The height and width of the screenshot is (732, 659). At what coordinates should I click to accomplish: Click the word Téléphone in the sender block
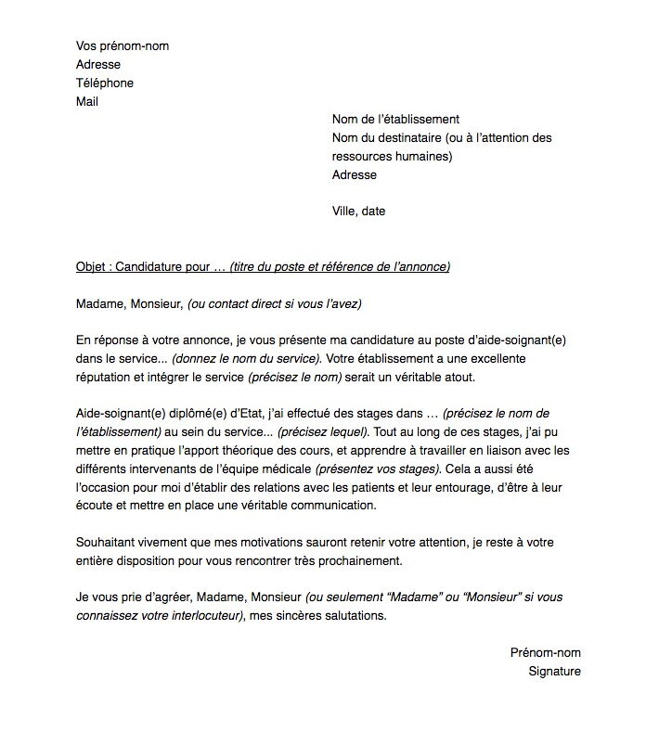pyautogui.click(x=104, y=83)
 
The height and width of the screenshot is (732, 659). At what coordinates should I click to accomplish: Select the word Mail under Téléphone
pyautogui.click(x=87, y=102)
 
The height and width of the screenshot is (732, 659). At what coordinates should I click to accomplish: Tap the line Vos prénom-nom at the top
pyautogui.click(x=123, y=46)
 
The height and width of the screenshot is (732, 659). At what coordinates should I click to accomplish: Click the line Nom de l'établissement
pyautogui.click(x=395, y=120)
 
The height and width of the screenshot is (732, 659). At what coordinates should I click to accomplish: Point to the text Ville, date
pyautogui.click(x=358, y=212)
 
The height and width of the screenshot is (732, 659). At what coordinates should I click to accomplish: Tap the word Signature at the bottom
pyautogui.click(x=554, y=671)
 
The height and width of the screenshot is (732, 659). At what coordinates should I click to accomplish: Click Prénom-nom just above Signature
pyautogui.click(x=545, y=652)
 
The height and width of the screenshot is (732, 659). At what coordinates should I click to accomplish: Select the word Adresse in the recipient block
pyautogui.click(x=355, y=174)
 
